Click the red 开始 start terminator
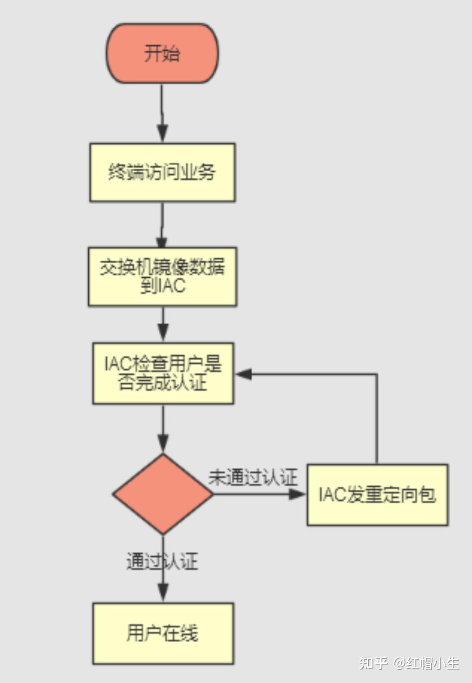[162, 53]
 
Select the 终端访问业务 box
[162, 172]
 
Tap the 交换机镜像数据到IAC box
[162, 276]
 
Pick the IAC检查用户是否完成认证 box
[163, 374]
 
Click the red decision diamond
[163, 494]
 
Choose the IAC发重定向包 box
[377, 495]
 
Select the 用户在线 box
[163, 633]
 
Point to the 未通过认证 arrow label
[253, 477]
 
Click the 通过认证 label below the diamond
[162, 561]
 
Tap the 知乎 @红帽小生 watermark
[409, 663]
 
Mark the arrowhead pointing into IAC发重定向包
[297, 494]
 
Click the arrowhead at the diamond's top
[163, 443]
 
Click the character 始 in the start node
[171, 53]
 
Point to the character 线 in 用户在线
[189, 633]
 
